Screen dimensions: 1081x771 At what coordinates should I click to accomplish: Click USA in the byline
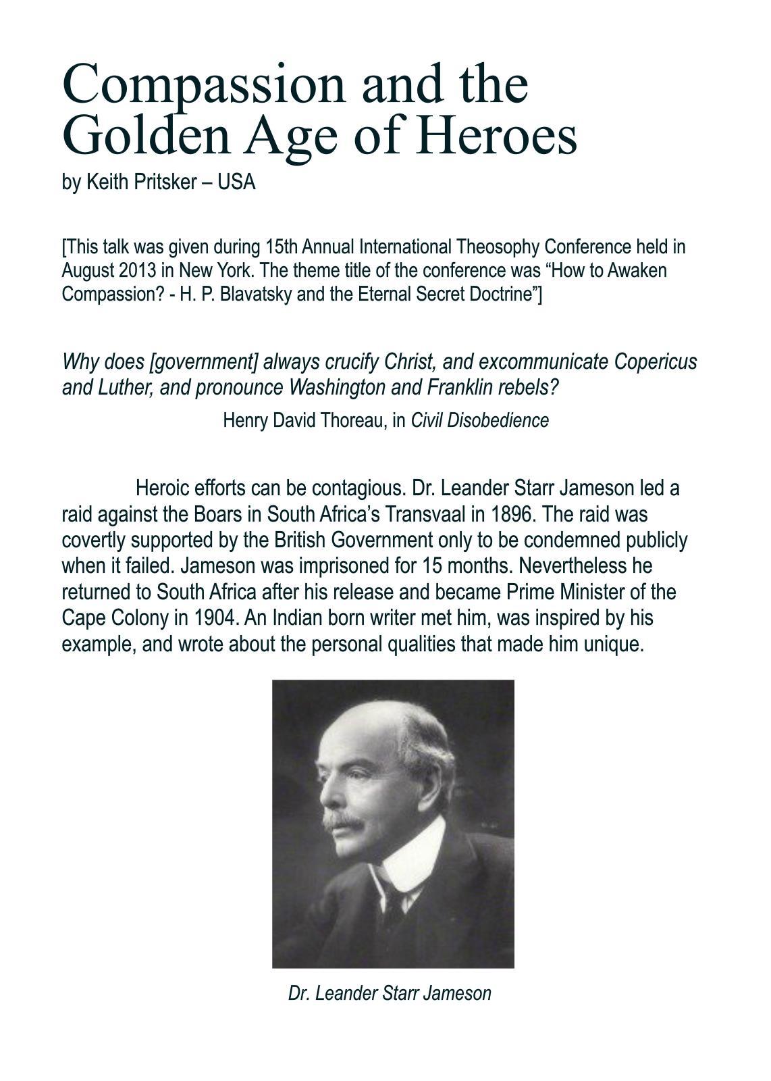point(236,182)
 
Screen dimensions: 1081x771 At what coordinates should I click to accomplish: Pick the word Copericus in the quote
point(655,362)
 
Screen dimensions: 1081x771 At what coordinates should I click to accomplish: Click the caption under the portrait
point(390,993)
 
